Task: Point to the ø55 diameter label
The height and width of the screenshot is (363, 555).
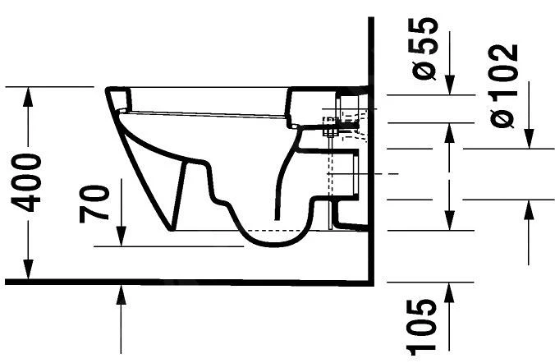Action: (x=425, y=49)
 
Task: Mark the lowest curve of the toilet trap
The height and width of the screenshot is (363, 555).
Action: (x=271, y=246)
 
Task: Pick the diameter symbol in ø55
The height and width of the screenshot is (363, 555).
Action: (x=425, y=72)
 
